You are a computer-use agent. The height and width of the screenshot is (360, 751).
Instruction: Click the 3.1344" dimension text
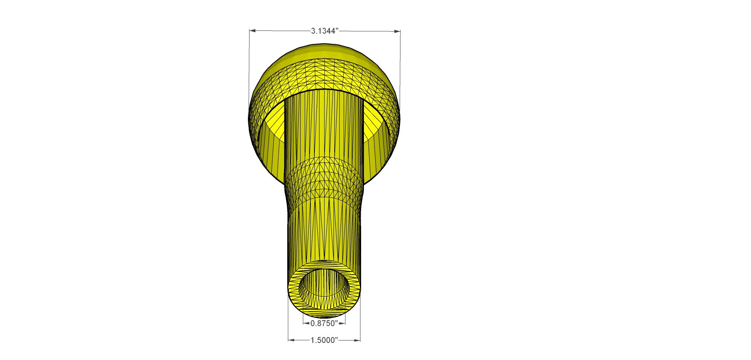pyautogui.click(x=324, y=31)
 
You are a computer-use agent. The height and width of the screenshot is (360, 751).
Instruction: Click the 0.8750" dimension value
pyautogui.click(x=324, y=323)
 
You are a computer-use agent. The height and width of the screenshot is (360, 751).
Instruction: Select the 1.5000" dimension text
pyautogui.click(x=324, y=340)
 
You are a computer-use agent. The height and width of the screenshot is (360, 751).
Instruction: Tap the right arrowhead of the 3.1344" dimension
pyautogui.click(x=398, y=31)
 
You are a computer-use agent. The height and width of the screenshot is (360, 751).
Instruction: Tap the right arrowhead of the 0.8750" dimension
pyautogui.click(x=343, y=323)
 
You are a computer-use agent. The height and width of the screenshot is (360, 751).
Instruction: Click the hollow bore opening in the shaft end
pyautogui.click(x=324, y=286)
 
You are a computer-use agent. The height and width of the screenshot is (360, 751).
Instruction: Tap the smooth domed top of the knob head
pyautogui.click(x=325, y=51)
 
